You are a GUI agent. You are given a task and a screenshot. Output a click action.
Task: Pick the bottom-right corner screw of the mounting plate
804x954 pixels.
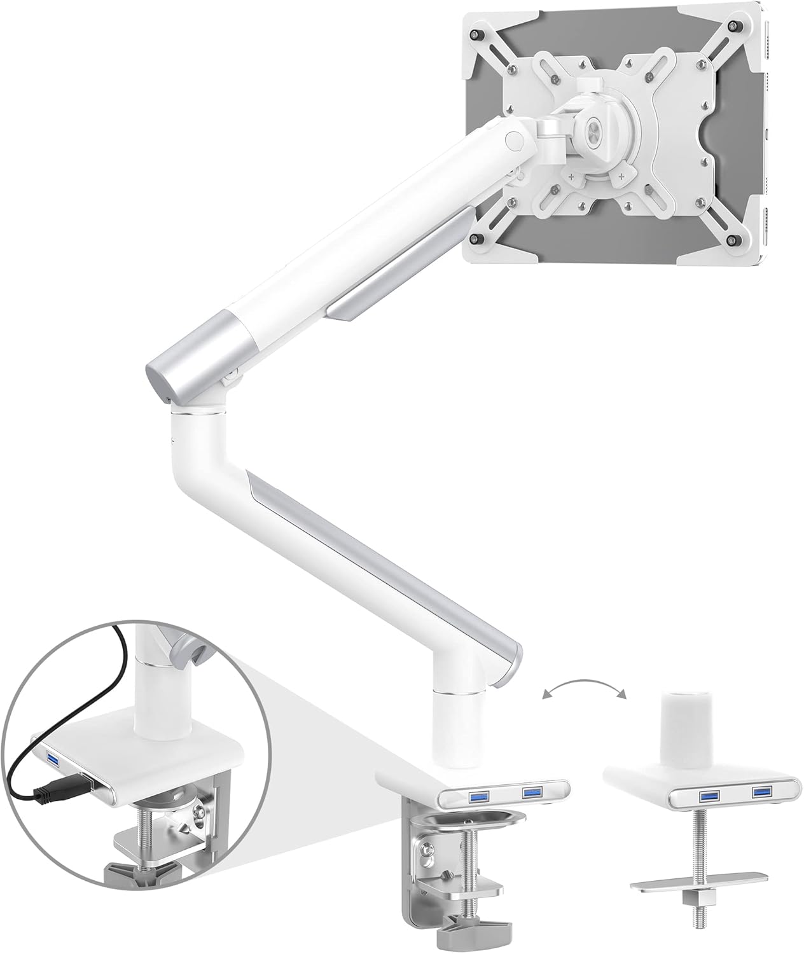click(736, 240)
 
